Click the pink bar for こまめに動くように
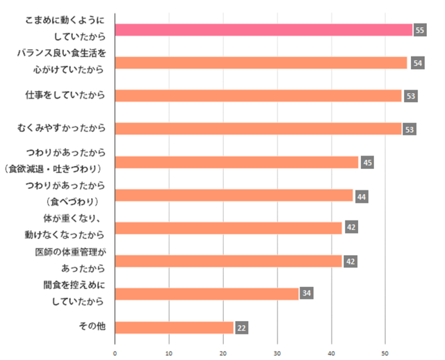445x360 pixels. coord(264,30)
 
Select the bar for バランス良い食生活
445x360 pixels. coord(261,63)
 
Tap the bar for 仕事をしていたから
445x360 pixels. coord(258,96)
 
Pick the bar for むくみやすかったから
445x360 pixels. coord(258,129)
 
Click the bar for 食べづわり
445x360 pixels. coord(234,195)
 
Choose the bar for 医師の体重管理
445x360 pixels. coord(228,261)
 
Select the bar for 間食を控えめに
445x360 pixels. coord(207,293)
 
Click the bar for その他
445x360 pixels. coord(174,327)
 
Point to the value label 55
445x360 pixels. coord(419,31)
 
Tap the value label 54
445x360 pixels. coord(417,63)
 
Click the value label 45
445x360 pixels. coord(368,163)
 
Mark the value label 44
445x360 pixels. coord(362,196)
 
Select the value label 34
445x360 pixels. coord(307,293)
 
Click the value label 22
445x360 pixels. coord(242,327)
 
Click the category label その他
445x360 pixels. coord(92,326)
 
